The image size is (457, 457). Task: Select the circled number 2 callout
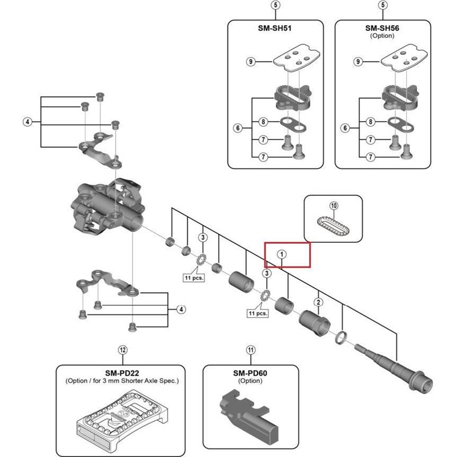(319, 302)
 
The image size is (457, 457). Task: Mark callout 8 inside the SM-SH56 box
(371, 122)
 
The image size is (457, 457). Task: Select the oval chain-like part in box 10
(334, 227)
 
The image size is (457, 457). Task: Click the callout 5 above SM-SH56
(382, 5)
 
